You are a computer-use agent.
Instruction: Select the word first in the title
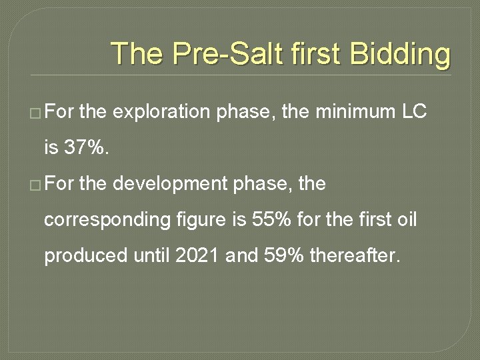[x=321, y=54]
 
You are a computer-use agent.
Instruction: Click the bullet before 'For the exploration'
[x=34, y=113]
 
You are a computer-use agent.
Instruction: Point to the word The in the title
[x=137, y=54]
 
